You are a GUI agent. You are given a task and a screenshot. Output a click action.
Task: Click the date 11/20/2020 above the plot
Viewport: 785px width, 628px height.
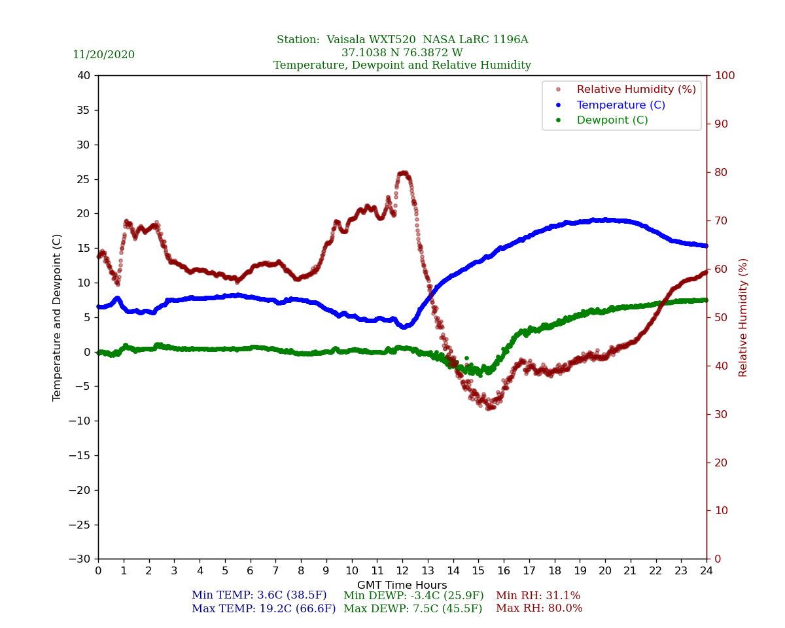(x=103, y=55)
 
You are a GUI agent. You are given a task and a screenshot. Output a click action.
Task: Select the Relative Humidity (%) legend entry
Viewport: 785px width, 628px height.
(x=636, y=90)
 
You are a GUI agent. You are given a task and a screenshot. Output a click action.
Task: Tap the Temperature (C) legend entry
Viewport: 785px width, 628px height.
(x=620, y=105)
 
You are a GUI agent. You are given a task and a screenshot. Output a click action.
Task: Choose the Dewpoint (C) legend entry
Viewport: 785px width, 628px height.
(x=612, y=120)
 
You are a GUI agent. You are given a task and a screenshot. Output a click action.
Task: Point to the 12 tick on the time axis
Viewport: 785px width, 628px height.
(x=402, y=571)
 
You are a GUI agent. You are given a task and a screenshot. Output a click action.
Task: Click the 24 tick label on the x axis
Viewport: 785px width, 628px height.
(x=706, y=571)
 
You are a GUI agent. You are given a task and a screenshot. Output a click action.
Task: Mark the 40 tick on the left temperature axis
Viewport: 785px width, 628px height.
(x=83, y=76)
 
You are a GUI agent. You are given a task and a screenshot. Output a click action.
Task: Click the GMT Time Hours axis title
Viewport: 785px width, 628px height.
(x=402, y=585)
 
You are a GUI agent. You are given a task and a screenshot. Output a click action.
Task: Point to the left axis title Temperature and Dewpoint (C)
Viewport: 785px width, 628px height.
(x=58, y=317)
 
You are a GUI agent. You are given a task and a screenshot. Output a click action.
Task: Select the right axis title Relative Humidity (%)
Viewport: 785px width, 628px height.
(x=743, y=317)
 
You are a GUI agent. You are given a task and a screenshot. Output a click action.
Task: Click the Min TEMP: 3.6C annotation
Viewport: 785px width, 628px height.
(x=259, y=596)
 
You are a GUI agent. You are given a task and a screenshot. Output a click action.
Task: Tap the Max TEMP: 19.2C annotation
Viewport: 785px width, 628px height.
(x=264, y=609)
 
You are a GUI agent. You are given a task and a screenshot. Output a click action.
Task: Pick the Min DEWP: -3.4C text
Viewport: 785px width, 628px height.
(x=413, y=596)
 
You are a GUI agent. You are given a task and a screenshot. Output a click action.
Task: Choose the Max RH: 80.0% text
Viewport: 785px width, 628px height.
(x=539, y=609)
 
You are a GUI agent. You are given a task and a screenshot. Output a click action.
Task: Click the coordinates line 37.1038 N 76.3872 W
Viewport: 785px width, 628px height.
(x=402, y=53)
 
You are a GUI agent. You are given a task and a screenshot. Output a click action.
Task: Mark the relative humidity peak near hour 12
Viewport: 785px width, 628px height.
(x=404, y=173)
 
